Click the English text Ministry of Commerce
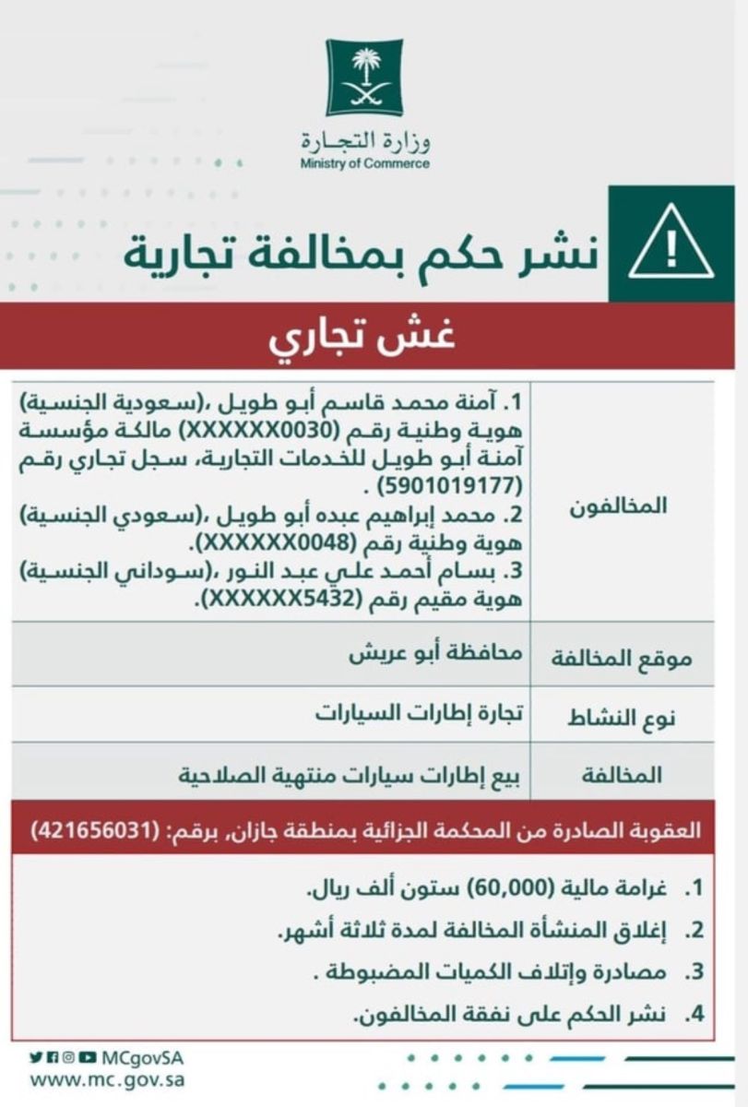[x=365, y=164]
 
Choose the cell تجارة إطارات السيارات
[x=418, y=713]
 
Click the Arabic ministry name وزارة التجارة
[x=366, y=143]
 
